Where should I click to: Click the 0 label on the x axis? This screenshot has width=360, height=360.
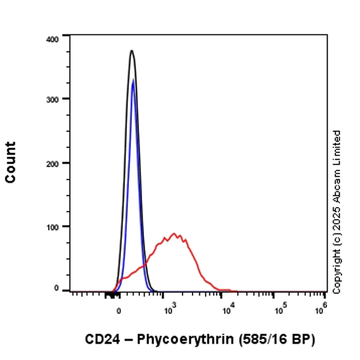(x=119, y=313)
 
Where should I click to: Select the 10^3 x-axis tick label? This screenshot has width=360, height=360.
(x=170, y=310)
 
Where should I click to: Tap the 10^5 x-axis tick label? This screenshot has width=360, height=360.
(x=280, y=310)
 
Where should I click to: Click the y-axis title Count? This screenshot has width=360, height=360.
(x=11, y=162)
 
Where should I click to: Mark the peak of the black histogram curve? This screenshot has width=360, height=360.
(x=131, y=51)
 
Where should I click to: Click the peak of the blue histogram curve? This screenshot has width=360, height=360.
(x=133, y=81)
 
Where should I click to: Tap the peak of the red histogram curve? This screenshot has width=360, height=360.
(x=173, y=234)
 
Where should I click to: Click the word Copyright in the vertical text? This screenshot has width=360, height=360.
(x=337, y=274)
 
